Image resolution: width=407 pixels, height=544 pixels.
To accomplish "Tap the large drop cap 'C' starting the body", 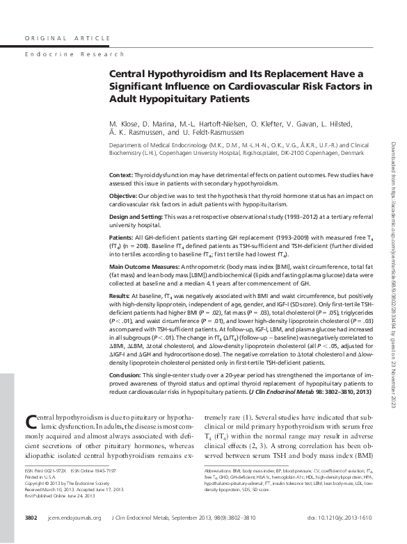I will pyautogui.click(x=31, y=404).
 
